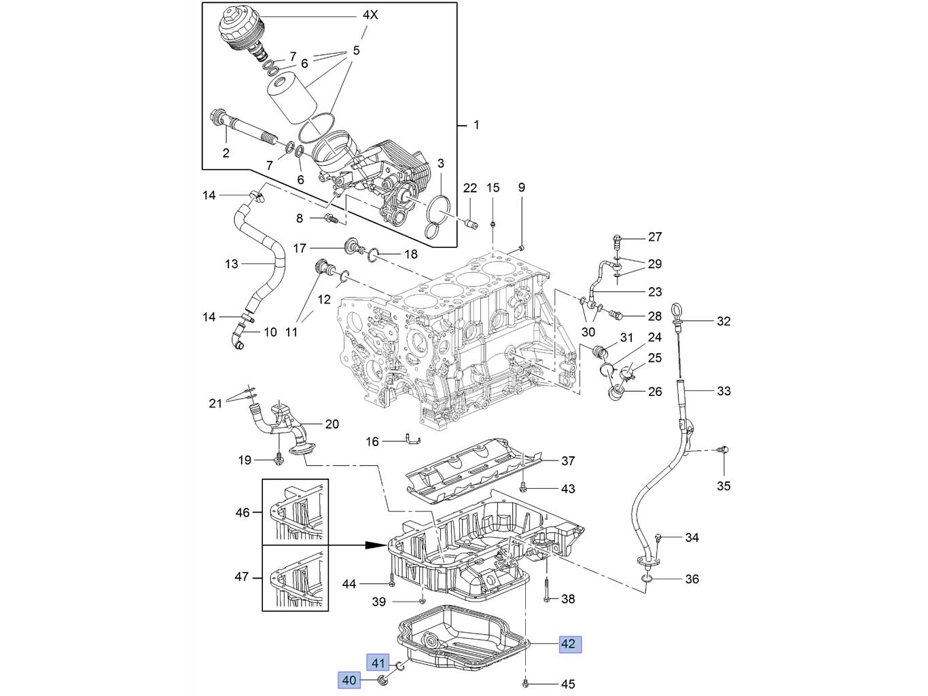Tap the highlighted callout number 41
(378, 663)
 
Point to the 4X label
(370, 14)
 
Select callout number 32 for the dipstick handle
(724, 321)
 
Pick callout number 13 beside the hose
(232, 263)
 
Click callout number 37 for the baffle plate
(568, 461)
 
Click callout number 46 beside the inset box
(243, 513)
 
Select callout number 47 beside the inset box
(243, 577)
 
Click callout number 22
(471, 188)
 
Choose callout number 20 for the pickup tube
(332, 424)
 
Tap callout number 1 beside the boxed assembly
(476, 126)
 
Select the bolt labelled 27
(617, 238)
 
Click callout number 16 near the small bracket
(372, 442)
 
